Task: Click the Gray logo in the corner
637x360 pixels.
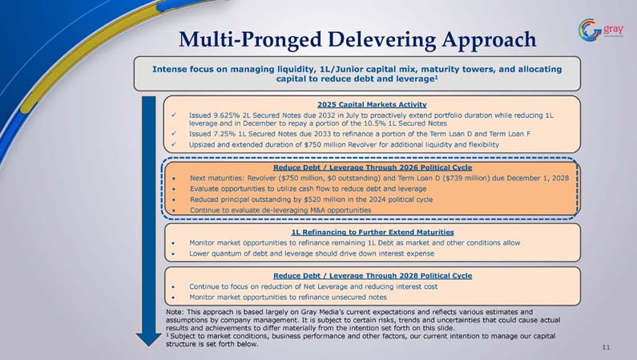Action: click(x=601, y=30)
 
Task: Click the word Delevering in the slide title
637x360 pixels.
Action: click(x=381, y=39)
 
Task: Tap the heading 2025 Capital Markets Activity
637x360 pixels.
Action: click(x=372, y=104)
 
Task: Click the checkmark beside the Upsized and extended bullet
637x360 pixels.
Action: click(x=174, y=144)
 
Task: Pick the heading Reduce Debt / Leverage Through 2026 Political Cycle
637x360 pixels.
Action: click(x=373, y=168)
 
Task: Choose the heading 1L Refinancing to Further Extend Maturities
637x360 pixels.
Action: click(x=373, y=232)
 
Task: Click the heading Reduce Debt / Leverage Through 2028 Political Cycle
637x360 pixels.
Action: click(x=373, y=276)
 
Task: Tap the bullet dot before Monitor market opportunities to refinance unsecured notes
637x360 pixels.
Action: click(x=173, y=297)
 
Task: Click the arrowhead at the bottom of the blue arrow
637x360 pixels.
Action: click(x=149, y=340)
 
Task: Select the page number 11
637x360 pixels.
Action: click(x=606, y=347)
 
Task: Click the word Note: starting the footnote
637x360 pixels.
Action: click(x=175, y=312)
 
